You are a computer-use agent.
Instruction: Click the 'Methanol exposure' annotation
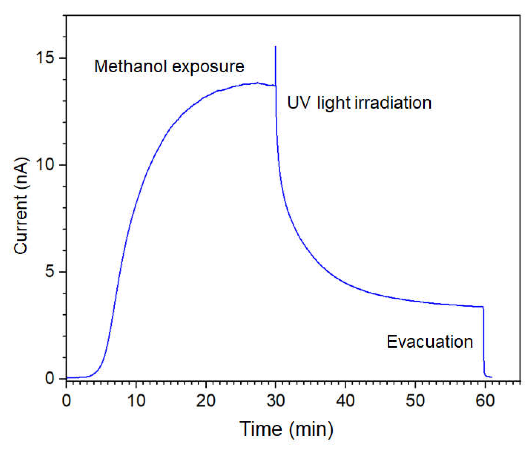pos(169,66)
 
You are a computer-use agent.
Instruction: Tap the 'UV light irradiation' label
pos(359,103)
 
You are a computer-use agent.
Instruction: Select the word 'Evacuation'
pos(430,342)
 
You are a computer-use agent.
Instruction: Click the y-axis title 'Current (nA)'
pos(21,206)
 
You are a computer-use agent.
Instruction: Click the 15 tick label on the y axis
pos(45,58)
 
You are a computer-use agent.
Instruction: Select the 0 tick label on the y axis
pos(50,378)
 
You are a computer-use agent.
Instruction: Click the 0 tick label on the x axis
pos(66,400)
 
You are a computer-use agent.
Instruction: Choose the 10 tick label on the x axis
pos(136,400)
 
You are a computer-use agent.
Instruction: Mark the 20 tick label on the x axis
pos(206,400)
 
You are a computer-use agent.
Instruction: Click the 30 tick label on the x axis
pos(276,400)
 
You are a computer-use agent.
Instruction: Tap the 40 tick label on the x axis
pos(345,400)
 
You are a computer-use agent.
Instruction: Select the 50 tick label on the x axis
pos(415,400)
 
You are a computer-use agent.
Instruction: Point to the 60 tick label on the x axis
pos(485,400)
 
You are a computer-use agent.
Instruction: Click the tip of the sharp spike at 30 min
pos(275,47)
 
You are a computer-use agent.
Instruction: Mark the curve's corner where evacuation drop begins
pos(483,307)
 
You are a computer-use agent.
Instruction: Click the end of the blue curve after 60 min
pos(492,377)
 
